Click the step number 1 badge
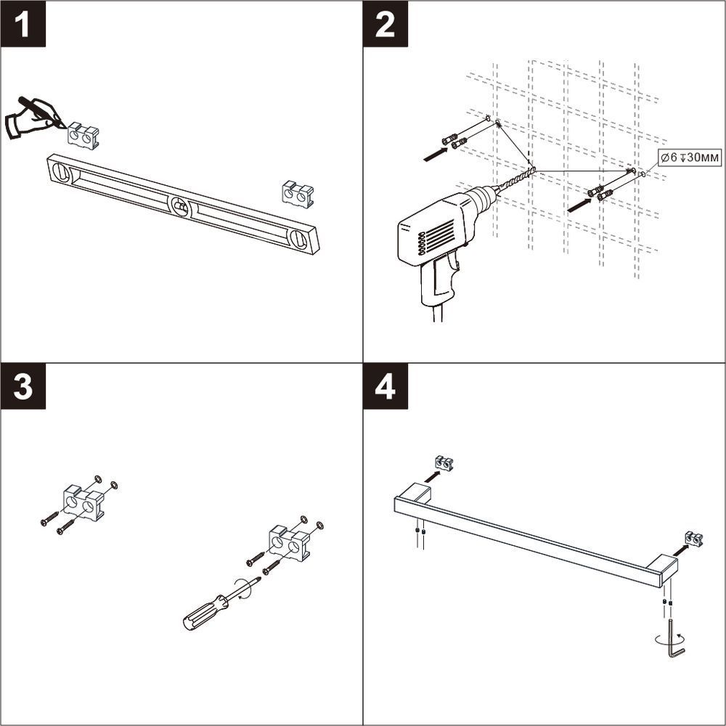point(23,24)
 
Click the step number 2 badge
point(386,24)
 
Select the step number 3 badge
point(23,386)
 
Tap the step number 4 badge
point(386,386)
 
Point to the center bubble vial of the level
point(180,206)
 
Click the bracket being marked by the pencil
point(83,136)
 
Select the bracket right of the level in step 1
point(298,194)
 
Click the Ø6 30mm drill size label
point(690,158)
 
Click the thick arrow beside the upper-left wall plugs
point(436,154)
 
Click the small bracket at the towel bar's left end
point(444,463)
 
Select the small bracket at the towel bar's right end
point(694,539)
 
